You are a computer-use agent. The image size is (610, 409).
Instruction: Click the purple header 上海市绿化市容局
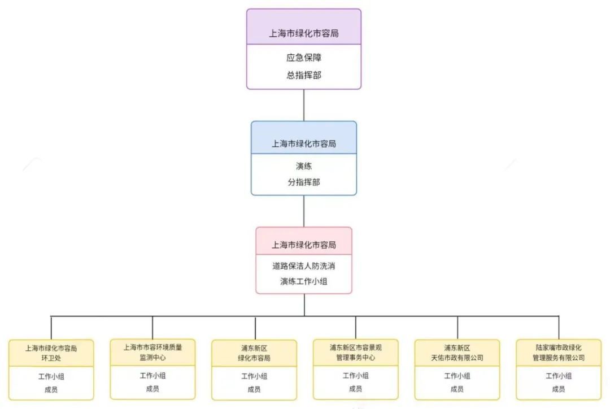click(x=303, y=33)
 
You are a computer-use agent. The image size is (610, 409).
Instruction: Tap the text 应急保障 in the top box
click(x=303, y=58)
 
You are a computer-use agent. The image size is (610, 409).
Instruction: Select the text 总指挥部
click(x=303, y=75)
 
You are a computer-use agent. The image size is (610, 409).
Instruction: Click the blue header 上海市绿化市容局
click(x=303, y=143)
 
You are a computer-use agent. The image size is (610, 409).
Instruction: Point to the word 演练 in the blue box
click(x=303, y=167)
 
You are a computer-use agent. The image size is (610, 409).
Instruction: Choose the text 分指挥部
click(x=303, y=182)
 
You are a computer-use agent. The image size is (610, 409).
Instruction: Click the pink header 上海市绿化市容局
click(x=303, y=245)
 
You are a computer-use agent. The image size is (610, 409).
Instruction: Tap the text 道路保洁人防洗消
click(x=303, y=266)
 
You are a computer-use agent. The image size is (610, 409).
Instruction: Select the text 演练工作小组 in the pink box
click(x=303, y=281)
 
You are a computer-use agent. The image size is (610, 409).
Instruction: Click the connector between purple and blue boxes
click(x=303, y=105)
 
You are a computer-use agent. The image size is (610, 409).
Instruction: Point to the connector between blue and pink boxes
click(x=303, y=211)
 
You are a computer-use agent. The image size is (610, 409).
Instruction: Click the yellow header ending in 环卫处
click(x=51, y=353)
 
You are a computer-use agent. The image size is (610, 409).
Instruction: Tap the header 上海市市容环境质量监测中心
click(x=152, y=352)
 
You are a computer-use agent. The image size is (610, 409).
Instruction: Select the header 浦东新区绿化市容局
click(x=254, y=353)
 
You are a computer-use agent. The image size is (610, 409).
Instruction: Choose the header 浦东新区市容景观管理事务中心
click(x=355, y=353)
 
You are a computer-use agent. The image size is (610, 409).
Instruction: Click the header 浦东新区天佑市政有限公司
click(x=457, y=353)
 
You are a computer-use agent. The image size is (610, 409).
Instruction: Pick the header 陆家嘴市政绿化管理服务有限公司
click(x=559, y=353)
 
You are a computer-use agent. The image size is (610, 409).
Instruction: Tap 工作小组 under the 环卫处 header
click(x=51, y=376)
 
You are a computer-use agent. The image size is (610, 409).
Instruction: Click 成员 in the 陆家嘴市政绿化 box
click(x=559, y=389)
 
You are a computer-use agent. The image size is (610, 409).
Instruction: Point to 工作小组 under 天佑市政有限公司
click(x=457, y=376)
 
